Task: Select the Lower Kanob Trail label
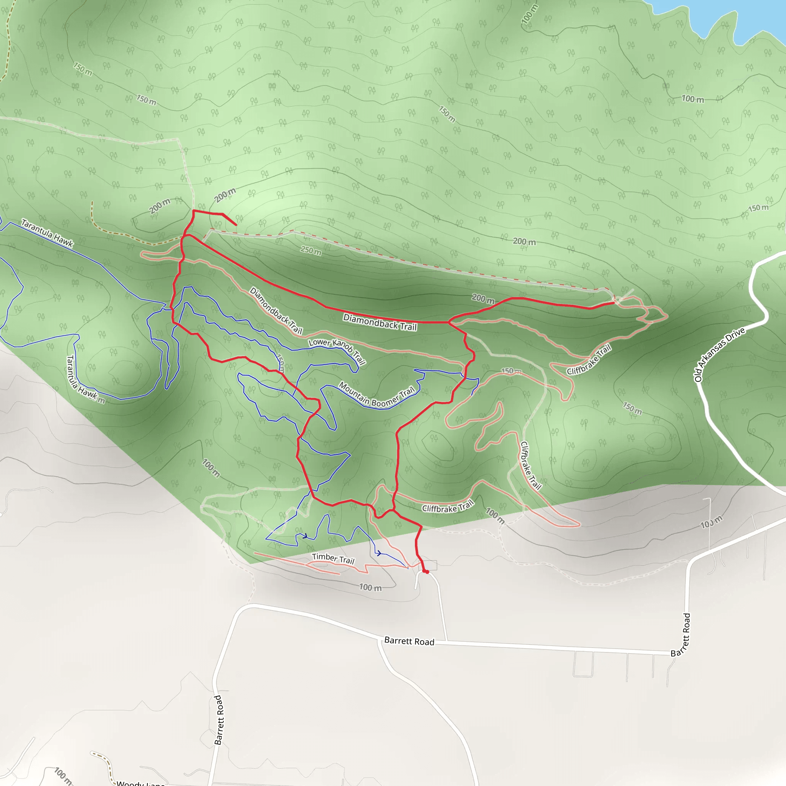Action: click(x=337, y=350)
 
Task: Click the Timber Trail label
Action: click(x=333, y=558)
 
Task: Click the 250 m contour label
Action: click(x=311, y=251)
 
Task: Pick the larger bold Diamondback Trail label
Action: click(x=380, y=322)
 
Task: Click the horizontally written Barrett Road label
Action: click(x=409, y=642)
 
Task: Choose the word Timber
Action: click(x=325, y=557)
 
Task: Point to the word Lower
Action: click(x=319, y=343)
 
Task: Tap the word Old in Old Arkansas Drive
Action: click(x=698, y=376)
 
